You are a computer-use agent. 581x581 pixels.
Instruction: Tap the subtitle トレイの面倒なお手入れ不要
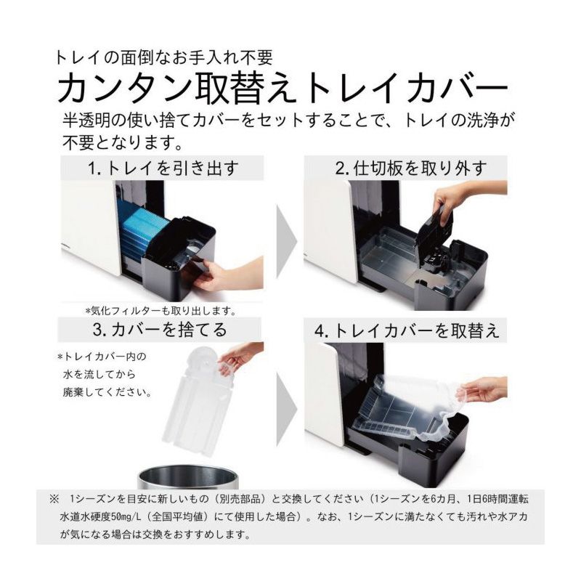tap(163, 57)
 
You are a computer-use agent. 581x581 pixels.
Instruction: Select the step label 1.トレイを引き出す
tap(163, 168)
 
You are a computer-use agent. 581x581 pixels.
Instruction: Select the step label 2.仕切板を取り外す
tap(410, 168)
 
